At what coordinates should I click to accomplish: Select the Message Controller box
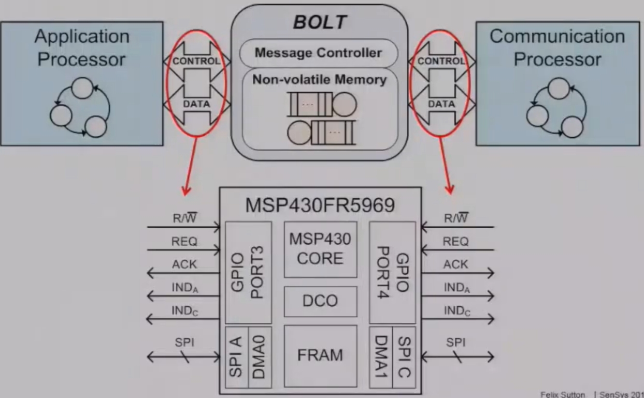pyautogui.click(x=319, y=53)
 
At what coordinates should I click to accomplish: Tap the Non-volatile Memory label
pyautogui.click(x=319, y=80)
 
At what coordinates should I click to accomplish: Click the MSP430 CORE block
pyautogui.click(x=320, y=249)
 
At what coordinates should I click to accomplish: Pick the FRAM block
pyautogui.click(x=320, y=356)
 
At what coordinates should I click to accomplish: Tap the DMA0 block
pyautogui.click(x=260, y=357)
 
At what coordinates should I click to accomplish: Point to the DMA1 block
pyautogui.click(x=381, y=357)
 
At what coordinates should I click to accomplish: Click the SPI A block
pyautogui.click(x=237, y=357)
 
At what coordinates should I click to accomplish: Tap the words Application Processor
pyautogui.click(x=81, y=48)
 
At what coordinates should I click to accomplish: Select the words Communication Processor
pyautogui.click(x=557, y=48)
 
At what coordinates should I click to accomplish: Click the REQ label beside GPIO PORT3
pyautogui.click(x=184, y=242)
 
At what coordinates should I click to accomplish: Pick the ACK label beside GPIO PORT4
pyautogui.click(x=456, y=264)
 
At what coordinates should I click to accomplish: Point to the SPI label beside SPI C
pyautogui.click(x=456, y=342)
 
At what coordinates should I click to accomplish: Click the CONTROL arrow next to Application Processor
pyautogui.click(x=196, y=61)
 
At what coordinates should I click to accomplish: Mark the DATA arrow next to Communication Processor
pyautogui.click(x=441, y=104)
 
